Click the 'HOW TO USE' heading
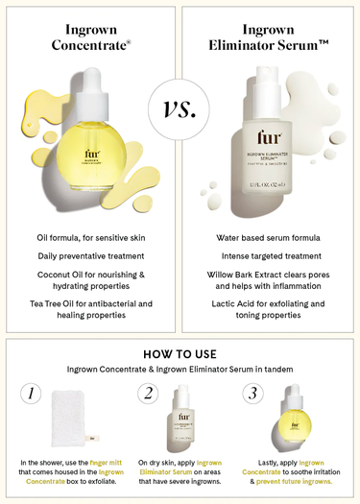click(180, 352)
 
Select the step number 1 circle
click(33, 394)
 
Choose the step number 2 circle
click(149, 394)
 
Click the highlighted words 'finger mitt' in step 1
click(109, 463)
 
